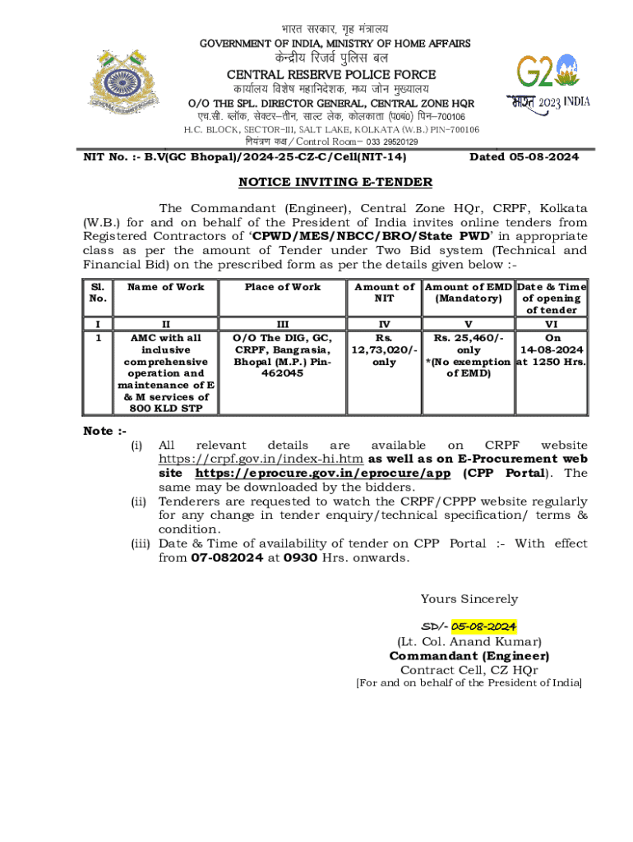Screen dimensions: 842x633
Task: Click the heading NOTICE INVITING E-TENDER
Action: (335, 182)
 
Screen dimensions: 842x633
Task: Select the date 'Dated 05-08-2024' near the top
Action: (524, 156)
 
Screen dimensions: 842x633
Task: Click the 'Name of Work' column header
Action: (166, 287)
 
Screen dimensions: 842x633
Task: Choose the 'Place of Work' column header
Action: (283, 287)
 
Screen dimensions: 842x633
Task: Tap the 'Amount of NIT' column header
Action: (384, 293)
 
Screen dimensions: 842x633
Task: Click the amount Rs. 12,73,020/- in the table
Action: (384, 349)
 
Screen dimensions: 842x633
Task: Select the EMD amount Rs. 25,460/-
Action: (468, 338)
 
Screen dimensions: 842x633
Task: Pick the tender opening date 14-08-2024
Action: (552, 349)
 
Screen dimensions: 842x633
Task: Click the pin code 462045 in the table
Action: (283, 372)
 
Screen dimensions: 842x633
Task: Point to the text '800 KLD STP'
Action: (166, 408)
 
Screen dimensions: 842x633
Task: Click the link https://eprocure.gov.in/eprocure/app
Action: (323, 474)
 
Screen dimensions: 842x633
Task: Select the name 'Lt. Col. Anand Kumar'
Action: (469, 641)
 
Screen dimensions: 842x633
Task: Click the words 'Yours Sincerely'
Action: (469, 599)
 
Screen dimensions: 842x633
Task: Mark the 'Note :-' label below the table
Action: (104, 432)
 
